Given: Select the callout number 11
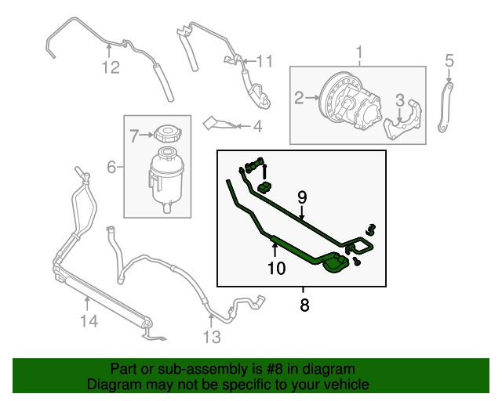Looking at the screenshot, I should coord(264,61).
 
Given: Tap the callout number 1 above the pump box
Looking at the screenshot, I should coord(360,53).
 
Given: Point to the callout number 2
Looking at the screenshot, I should coord(299,98).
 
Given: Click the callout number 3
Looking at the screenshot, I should coord(400,99).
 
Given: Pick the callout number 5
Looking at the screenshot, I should coord(449,60).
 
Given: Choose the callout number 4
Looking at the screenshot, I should coord(256,125).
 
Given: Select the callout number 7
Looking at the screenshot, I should coord(133,136).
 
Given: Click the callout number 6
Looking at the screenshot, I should coord(111,166).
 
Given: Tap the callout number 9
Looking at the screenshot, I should coord(301,198).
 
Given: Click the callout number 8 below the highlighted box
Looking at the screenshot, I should coord(304,305).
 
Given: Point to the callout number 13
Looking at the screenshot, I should coord(211,338).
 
